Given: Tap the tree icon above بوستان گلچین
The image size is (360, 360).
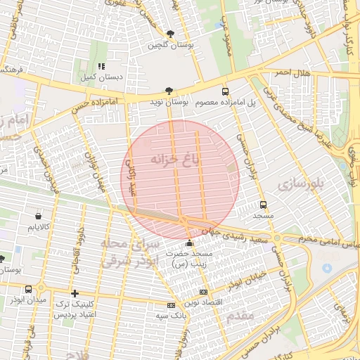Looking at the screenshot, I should pos(169,34).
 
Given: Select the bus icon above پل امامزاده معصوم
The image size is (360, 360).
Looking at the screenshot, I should pos(225,91).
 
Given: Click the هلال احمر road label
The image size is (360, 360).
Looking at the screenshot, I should pos(292,72).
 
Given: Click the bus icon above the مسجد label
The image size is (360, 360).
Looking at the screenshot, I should pos(263,205).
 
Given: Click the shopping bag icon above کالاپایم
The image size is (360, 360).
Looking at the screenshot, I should pos(38,216).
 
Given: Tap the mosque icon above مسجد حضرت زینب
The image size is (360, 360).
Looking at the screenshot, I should pos(188,243).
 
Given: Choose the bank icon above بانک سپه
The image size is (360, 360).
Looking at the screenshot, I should pos(171,305).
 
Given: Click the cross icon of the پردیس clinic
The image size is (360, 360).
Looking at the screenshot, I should pos(75,293).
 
